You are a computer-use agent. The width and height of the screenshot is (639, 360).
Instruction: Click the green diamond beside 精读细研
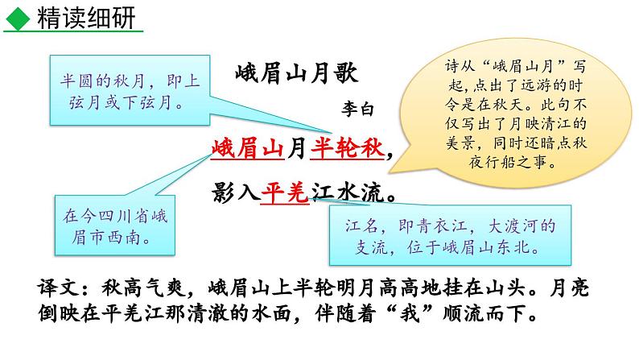pyautogui.click(x=17, y=18)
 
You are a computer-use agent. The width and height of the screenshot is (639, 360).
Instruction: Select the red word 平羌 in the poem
pyautogui.click(x=285, y=193)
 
